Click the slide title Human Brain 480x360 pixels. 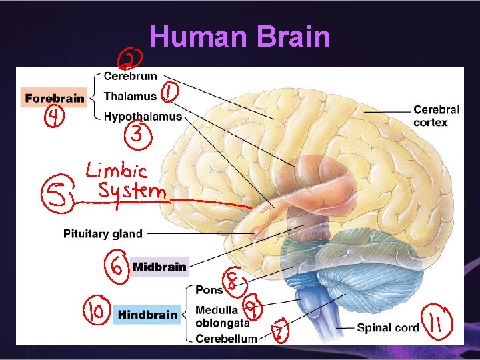point(240,37)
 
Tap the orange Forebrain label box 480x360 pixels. point(54,98)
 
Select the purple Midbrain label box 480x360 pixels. point(159,267)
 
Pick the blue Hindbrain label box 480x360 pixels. point(147,315)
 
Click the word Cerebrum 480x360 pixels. point(131,76)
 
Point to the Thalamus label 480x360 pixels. point(130,96)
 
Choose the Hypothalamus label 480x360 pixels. point(143,117)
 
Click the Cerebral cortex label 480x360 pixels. point(435,115)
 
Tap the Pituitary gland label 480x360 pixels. point(103,233)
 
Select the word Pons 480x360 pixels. point(209,290)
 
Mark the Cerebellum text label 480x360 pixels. point(225,339)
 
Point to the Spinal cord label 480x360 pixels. point(388,327)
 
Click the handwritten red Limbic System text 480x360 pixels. point(127,181)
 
